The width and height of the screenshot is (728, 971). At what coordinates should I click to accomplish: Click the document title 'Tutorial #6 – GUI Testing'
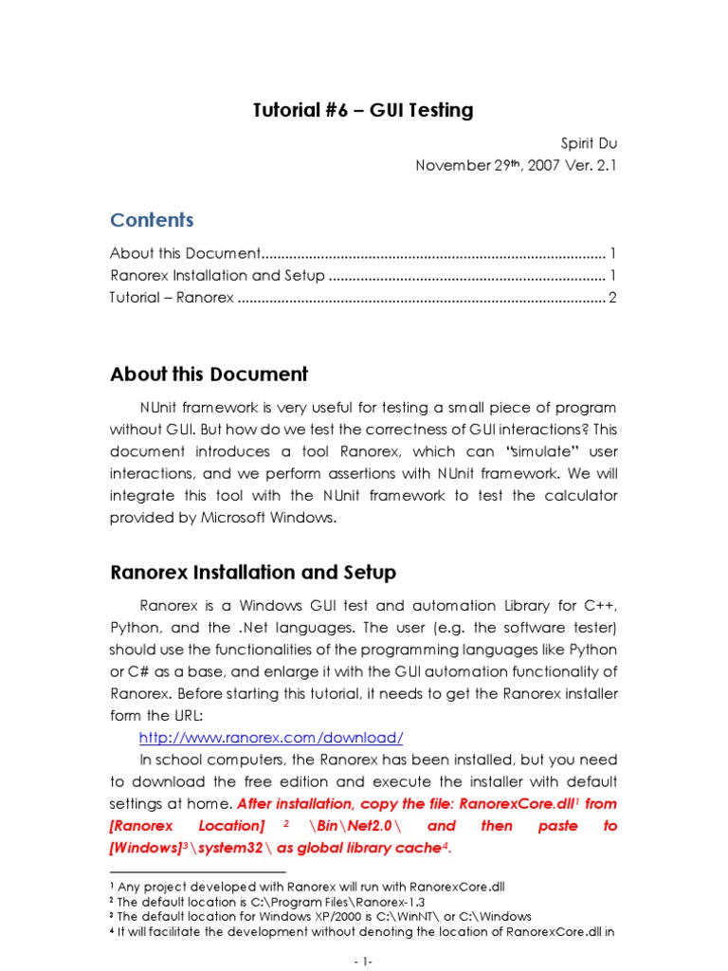pyautogui.click(x=363, y=111)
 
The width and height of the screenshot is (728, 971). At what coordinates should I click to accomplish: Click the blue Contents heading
pyautogui.click(x=152, y=220)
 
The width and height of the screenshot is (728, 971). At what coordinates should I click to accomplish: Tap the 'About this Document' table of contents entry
pyautogui.click(x=185, y=253)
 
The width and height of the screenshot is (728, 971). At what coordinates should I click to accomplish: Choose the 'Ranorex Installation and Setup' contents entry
pyautogui.click(x=217, y=276)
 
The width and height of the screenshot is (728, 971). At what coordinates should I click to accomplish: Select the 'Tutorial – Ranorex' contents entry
pyautogui.click(x=172, y=299)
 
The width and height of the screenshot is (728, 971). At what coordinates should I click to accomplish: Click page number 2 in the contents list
pyautogui.click(x=612, y=299)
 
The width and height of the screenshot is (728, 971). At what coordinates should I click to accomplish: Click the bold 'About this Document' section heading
pyautogui.click(x=209, y=375)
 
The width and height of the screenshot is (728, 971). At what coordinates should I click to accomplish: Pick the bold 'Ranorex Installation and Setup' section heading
pyautogui.click(x=253, y=573)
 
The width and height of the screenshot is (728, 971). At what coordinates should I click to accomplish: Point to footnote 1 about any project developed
pyautogui.click(x=308, y=887)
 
